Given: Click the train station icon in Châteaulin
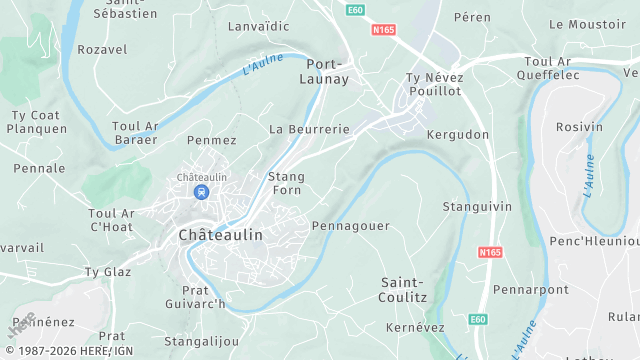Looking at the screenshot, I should [x=202, y=191].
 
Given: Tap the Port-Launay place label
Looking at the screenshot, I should [x=325, y=71].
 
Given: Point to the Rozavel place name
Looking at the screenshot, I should [x=102, y=49].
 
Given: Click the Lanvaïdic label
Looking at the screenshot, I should [x=258, y=26].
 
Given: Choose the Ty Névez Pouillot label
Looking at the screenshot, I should [x=433, y=84].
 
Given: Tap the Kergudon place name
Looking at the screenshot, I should [x=458, y=134].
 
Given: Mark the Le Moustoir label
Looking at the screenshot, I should [x=587, y=24].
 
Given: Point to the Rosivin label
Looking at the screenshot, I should [x=579, y=127].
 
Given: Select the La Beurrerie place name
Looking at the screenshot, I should [x=309, y=130].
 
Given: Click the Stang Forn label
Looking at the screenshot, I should [x=286, y=183].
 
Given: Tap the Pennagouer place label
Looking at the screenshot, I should [x=351, y=226].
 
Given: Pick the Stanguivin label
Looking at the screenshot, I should [x=477, y=207].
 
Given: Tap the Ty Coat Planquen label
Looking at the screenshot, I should [x=37, y=121].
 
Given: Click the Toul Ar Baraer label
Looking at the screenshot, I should [x=135, y=133].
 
